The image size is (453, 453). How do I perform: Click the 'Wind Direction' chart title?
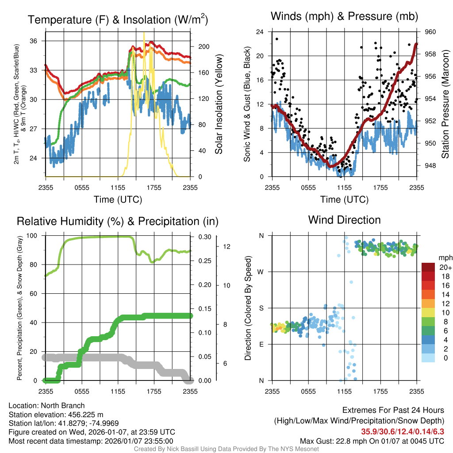[x=344, y=220]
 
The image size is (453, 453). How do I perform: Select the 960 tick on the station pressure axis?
[x=430, y=32]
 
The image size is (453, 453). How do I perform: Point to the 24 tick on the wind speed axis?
[x=260, y=32]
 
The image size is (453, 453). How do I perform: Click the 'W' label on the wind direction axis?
[x=261, y=272]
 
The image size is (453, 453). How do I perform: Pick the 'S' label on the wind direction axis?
[x=261, y=308]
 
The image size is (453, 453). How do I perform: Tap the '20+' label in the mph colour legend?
[x=445, y=268]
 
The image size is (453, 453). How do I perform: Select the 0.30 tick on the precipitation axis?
[x=205, y=237]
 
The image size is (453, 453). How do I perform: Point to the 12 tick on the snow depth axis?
[x=228, y=246]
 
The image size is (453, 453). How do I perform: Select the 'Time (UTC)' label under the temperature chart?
[x=118, y=200]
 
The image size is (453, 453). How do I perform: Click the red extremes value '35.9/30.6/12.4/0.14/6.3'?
[x=403, y=431]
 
